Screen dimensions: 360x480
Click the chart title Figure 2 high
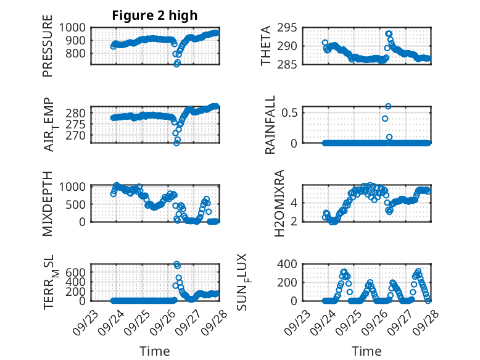coord(155,15)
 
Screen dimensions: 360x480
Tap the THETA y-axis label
coord(266,45)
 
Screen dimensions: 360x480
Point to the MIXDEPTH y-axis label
coord(48,203)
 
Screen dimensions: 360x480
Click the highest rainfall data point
coord(388,106)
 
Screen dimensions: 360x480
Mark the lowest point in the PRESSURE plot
coord(177,64)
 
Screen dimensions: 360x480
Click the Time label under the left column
coord(155,351)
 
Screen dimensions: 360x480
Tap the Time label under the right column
coord(366,351)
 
